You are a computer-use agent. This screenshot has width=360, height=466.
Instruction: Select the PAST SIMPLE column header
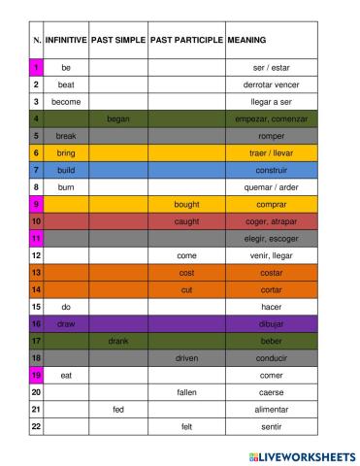tap(118, 41)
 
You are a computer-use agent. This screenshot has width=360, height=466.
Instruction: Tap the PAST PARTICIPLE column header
tap(186, 41)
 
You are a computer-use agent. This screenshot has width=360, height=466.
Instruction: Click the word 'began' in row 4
tap(118, 118)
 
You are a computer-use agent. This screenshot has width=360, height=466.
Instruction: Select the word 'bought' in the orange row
tap(186, 205)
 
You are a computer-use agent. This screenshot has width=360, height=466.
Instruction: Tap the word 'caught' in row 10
tap(186, 221)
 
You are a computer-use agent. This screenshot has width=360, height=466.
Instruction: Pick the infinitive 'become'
tap(66, 101)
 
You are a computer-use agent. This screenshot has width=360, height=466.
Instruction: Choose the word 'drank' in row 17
tap(118, 341)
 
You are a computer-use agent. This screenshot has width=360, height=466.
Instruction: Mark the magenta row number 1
tap(36, 68)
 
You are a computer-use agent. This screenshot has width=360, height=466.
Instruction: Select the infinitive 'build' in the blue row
tap(66, 170)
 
